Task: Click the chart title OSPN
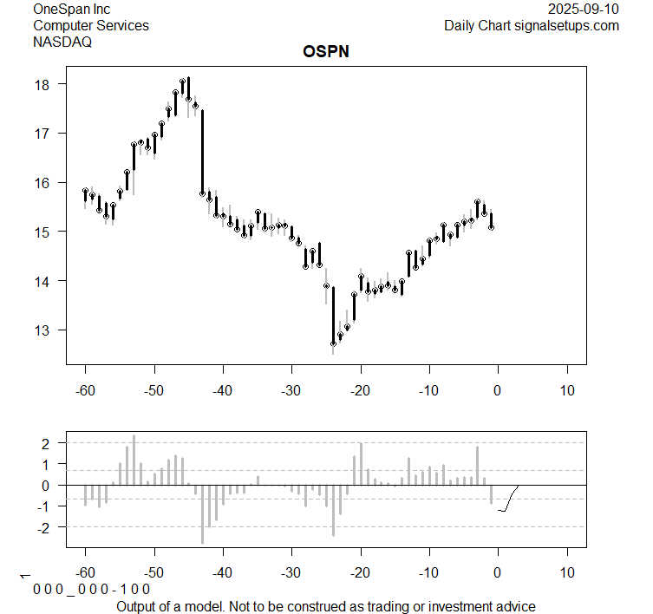pos(326,51)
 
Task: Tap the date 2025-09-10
pos(584,9)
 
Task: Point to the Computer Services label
pos(90,25)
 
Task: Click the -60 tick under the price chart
pos(85,390)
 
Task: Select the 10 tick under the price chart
pos(566,390)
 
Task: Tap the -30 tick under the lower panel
pos(291,573)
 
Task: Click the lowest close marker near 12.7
pos(333,343)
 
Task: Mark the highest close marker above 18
pos(182,82)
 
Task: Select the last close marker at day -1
pos(491,227)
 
